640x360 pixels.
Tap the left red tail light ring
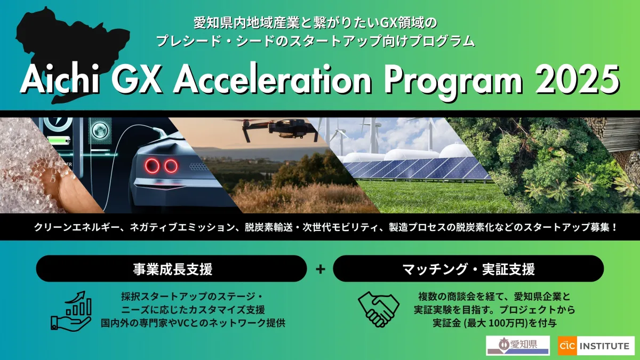152,166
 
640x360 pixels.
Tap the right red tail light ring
171,166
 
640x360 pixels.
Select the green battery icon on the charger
59,140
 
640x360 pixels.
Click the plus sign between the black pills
321,269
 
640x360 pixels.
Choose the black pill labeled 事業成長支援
171,269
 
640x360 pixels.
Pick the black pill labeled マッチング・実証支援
468,269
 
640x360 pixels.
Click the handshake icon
379,309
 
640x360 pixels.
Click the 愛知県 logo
518,346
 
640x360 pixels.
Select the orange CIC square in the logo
567,346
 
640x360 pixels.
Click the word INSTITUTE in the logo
605,346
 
